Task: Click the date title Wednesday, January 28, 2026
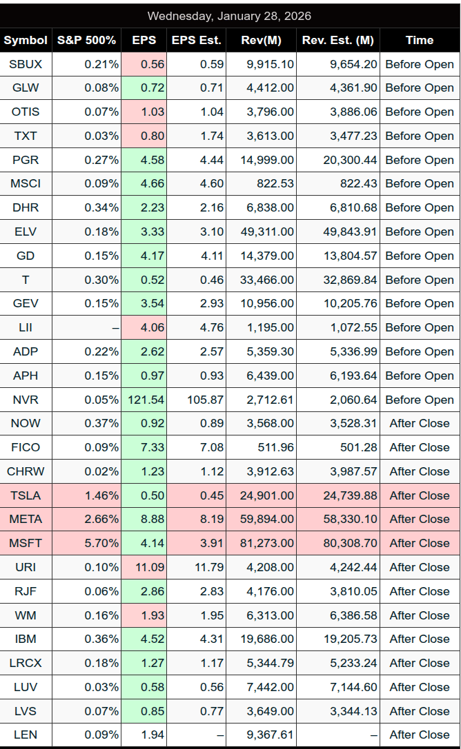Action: click(229, 16)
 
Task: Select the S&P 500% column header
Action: click(86, 40)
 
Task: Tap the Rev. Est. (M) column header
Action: click(338, 40)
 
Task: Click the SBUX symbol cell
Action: click(26, 64)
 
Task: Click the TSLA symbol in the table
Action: click(26, 495)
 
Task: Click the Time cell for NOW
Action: click(419, 423)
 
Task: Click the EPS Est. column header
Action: click(196, 40)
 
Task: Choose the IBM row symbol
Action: click(26, 639)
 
